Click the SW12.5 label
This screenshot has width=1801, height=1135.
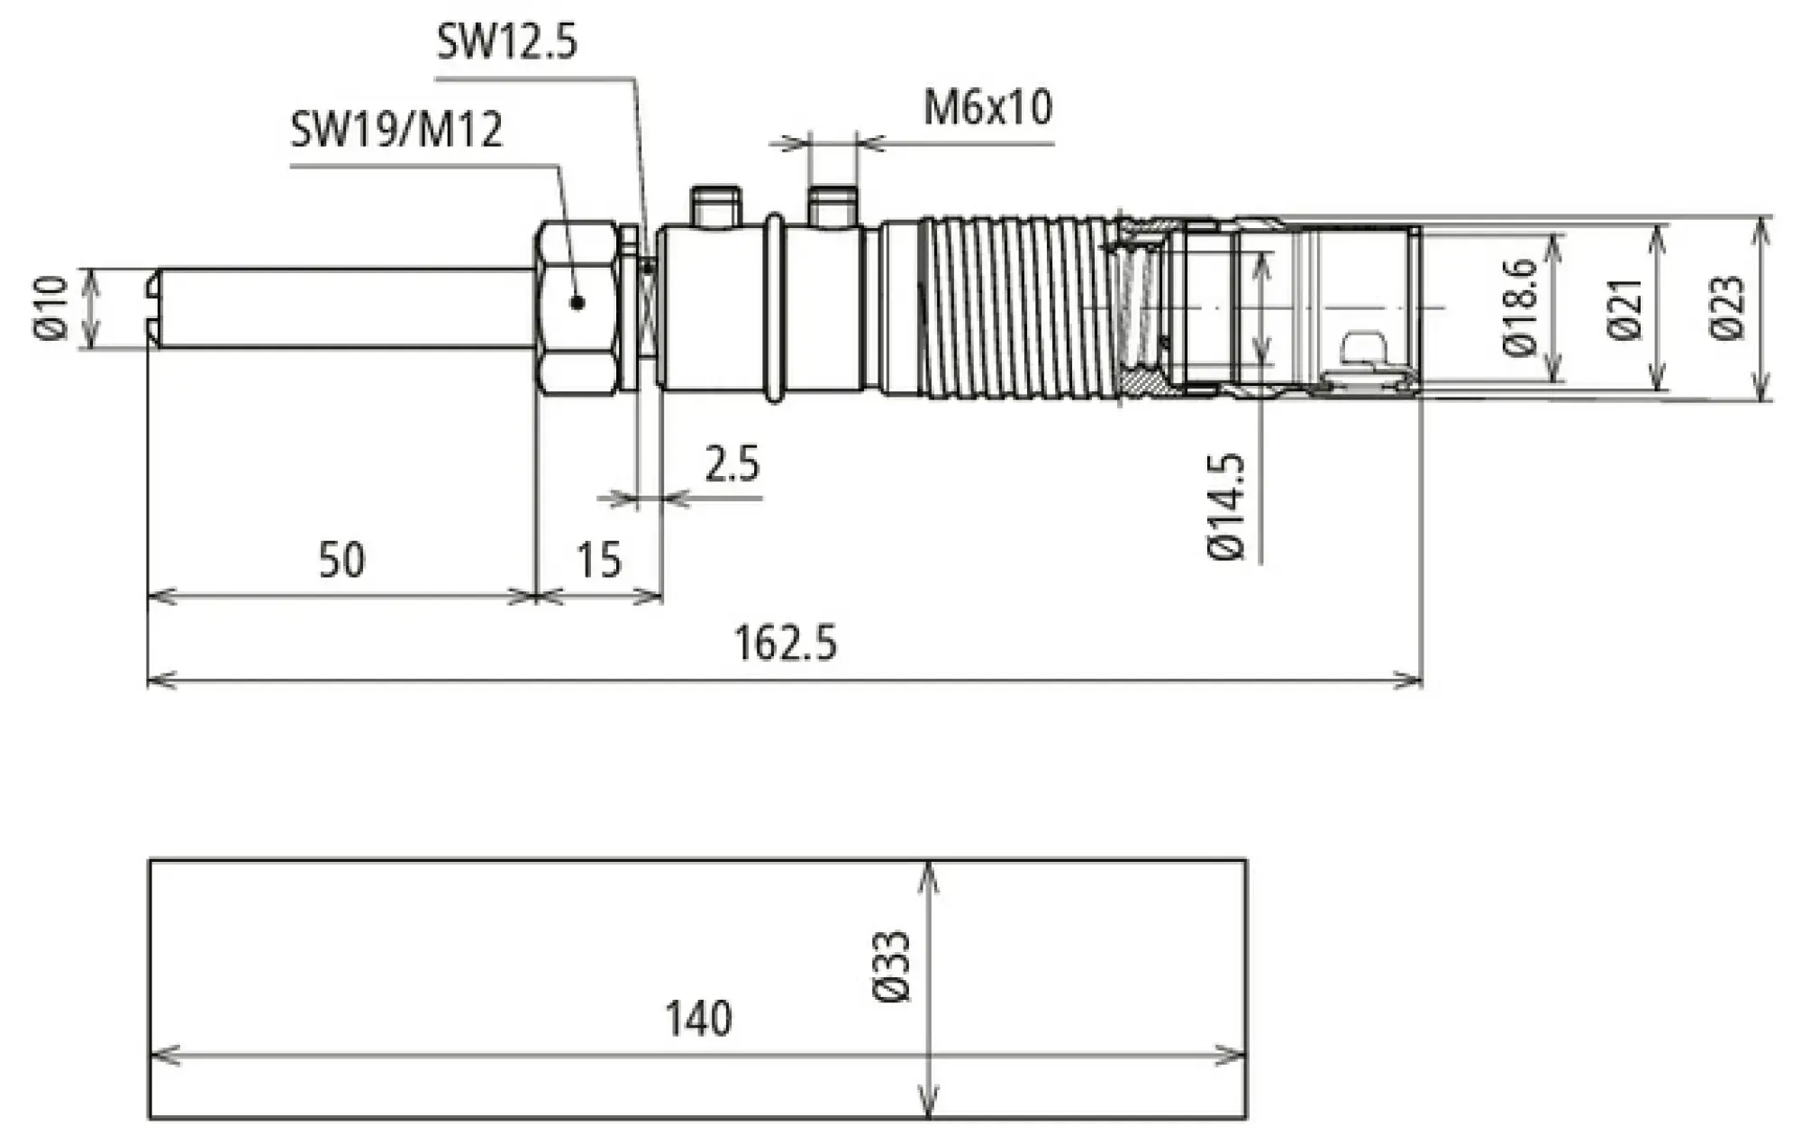(x=506, y=41)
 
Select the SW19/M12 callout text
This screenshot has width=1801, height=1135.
(x=396, y=130)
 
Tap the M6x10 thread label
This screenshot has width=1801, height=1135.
(x=987, y=108)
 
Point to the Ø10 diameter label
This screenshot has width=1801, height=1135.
(x=52, y=308)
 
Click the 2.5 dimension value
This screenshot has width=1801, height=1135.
(x=732, y=464)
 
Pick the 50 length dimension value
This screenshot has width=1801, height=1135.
(x=341, y=560)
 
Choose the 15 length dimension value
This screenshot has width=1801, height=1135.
(x=598, y=560)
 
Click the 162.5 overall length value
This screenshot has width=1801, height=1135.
(x=786, y=644)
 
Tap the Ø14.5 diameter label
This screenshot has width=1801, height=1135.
(x=1226, y=508)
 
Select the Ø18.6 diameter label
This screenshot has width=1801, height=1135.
(x=1521, y=307)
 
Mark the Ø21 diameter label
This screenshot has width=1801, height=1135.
(x=1626, y=309)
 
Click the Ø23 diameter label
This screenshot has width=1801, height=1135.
(x=1727, y=308)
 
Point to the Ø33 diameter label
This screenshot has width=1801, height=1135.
(x=893, y=967)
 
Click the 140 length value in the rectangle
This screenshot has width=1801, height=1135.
(x=698, y=1020)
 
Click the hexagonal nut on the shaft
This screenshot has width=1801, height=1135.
(x=578, y=307)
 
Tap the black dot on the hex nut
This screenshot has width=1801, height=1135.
(x=578, y=303)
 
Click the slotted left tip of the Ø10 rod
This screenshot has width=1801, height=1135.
(x=154, y=308)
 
